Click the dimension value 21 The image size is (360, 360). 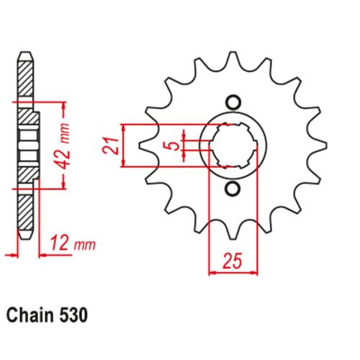point(111,146)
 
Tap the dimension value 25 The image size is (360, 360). point(233,261)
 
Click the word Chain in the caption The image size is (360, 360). point(30,315)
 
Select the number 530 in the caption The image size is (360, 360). point(73,315)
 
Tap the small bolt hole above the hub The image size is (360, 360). point(233,103)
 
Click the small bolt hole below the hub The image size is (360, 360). point(233,189)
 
